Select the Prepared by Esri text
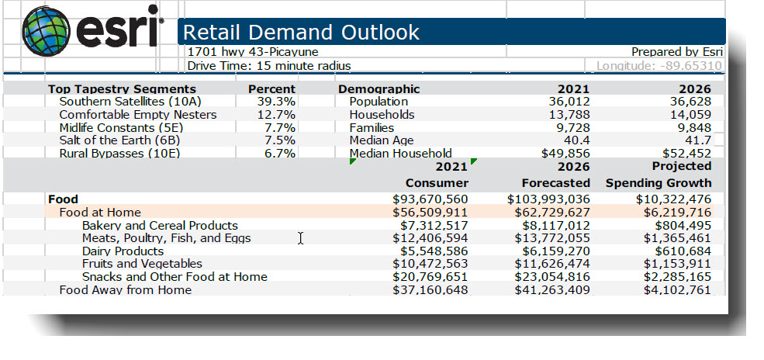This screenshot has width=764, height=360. pos(676,52)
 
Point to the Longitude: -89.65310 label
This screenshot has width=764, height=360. pos(659,66)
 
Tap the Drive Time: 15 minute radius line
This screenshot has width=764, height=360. pos(269,66)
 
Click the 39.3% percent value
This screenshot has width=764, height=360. pos(276,102)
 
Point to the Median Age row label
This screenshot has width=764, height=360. pos(372,140)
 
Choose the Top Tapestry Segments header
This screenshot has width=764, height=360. pos(122,88)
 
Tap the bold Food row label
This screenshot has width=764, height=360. pos(63,199)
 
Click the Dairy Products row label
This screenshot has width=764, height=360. pos(123,251)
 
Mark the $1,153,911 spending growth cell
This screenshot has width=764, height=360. pos(676,264)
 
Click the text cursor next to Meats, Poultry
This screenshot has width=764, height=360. pos(300,238)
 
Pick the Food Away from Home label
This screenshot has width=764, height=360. pos(125,290)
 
